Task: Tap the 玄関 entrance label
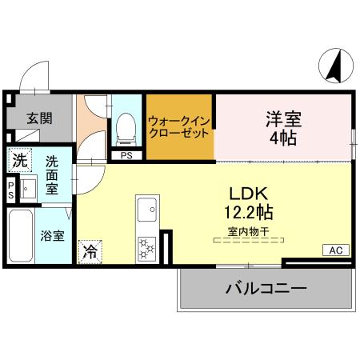coord(39,118)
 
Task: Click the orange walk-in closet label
coord(179,126)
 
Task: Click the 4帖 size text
coord(283,138)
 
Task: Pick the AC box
coord(336,250)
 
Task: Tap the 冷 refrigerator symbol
coord(90,250)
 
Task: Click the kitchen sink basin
coord(148,210)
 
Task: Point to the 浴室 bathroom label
coord(54,237)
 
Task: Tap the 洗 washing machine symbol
coord(19,160)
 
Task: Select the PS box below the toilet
coord(126,155)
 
